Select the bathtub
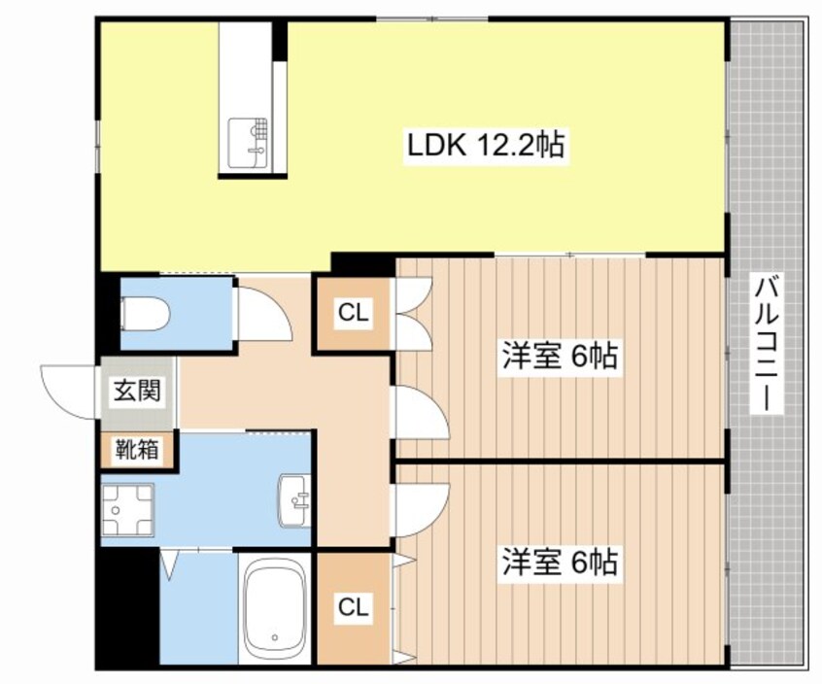click(x=275, y=609)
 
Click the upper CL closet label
click(x=353, y=313)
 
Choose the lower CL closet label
click(x=353, y=608)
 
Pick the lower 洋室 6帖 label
click(x=560, y=563)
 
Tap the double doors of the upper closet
click(x=412, y=313)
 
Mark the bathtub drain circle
click(x=275, y=639)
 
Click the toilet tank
click(x=127, y=314)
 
